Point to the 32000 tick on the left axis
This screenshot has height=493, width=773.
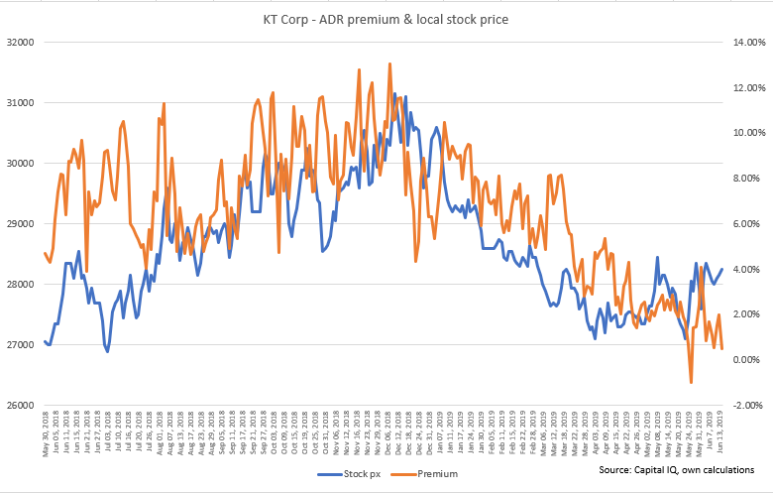pyautogui.click(x=20, y=43)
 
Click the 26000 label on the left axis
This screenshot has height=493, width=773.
pyautogui.click(x=20, y=406)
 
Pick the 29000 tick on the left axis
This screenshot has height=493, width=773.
pyautogui.click(x=20, y=224)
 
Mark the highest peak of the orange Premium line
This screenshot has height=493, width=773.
pyautogui.click(x=389, y=63)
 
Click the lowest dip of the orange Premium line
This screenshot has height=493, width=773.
pyautogui.click(x=691, y=382)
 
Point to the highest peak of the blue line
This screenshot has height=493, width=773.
pyautogui.click(x=395, y=94)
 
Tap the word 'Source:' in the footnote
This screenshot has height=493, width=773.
pyautogui.click(x=615, y=469)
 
